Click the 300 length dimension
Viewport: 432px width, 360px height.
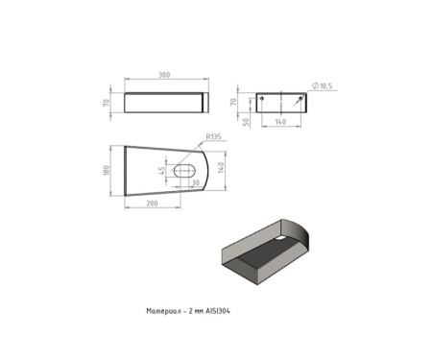point(164,75)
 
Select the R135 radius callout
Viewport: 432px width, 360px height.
point(213,136)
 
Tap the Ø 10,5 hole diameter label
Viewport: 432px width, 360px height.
point(323,85)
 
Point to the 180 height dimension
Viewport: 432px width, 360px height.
point(107,170)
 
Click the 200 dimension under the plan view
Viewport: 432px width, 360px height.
point(152,204)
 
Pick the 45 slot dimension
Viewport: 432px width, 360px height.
point(162,171)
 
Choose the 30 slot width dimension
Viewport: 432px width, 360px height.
point(195,182)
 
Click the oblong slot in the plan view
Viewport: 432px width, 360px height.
point(184,170)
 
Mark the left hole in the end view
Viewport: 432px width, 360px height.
point(262,98)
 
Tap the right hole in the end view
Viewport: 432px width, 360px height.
point(300,98)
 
